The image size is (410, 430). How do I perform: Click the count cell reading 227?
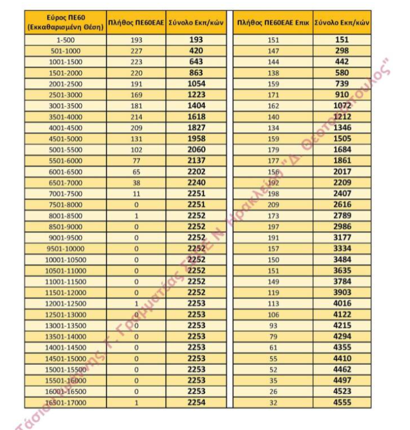(x=136, y=51)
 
